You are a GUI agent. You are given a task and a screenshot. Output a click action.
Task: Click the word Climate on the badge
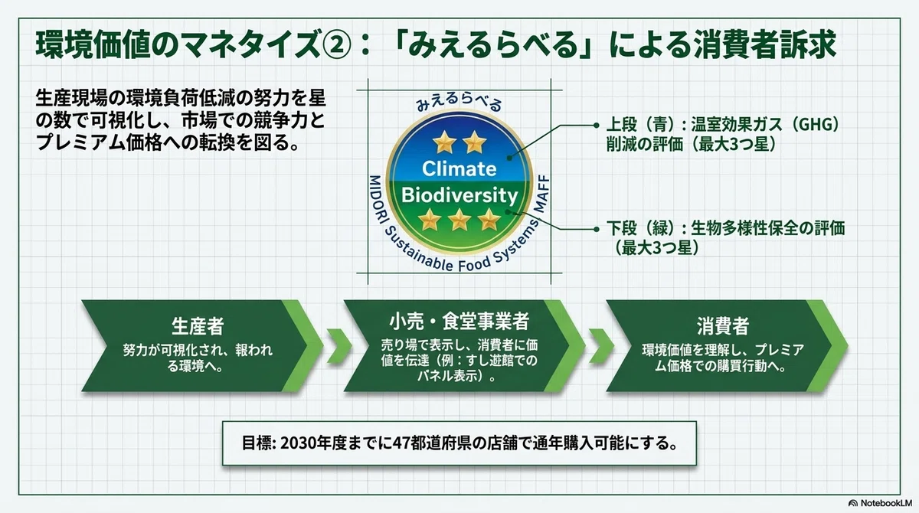coord(459,168)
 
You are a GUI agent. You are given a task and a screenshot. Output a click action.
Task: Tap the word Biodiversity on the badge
coord(459,195)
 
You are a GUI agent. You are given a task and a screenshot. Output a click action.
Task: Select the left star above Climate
coord(444,142)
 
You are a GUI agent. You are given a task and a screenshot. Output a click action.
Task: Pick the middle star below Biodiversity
coord(459,220)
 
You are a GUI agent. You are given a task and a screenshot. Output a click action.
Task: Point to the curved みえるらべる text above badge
coord(459,103)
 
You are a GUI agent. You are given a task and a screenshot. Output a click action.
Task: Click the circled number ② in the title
coord(337,45)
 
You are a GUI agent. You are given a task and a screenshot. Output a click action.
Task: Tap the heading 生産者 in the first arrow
coord(198,326)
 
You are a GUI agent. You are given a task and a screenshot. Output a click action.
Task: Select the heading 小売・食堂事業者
coord(459,321)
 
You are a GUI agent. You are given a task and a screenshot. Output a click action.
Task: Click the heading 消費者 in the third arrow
coord(723,326)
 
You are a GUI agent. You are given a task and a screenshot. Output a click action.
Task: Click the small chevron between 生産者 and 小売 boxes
coord(338,345)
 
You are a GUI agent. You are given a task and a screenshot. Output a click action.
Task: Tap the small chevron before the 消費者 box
coord(601,345)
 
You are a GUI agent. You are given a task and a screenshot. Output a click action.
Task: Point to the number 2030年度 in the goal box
coord(313,443)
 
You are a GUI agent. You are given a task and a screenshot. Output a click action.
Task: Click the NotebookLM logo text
coord(886,503)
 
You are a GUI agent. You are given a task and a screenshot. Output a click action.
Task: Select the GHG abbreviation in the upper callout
coord(815,124)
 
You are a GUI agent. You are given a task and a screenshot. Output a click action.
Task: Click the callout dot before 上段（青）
coord(597,125)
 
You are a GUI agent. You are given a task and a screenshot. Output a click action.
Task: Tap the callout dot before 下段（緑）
coord(597,229)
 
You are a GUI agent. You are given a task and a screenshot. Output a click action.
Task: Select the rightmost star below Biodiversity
coord(489,220)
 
